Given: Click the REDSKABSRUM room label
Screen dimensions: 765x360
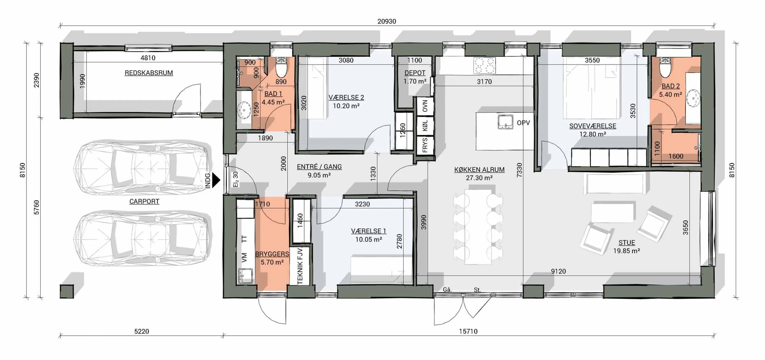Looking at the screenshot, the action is pos(149,73).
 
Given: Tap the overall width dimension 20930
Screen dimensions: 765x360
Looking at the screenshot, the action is pos(386,21).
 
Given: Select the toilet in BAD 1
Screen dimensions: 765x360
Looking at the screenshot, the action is pos(281,68).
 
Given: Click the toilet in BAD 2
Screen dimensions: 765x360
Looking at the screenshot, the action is pos(665,67).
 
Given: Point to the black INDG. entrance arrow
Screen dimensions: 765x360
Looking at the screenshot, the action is pos(216,180).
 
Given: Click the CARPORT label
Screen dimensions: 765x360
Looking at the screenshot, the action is pos(144,201).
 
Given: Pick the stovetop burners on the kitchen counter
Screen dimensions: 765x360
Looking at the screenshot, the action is pos(484,66).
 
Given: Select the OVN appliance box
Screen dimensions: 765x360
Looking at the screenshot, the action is pos(425,106).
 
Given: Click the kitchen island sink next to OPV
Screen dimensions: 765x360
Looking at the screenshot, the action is pos(505,122).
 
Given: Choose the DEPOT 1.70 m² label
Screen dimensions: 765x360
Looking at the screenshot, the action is pos(415,77).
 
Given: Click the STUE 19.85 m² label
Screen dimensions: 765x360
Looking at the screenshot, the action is pos(627,247).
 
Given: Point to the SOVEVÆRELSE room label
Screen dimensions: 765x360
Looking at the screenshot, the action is pos(593,126).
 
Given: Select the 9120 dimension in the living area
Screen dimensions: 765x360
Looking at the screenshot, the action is pos(558,271).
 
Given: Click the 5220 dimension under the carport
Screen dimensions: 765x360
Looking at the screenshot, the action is pos(142,332).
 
